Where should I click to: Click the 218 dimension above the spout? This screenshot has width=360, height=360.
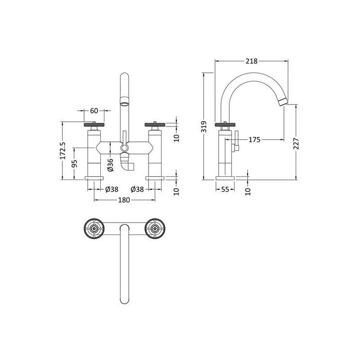pos(251,61)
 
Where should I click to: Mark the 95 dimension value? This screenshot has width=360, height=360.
pos(74,164)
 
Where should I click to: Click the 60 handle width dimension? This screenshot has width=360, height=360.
pos(94,111)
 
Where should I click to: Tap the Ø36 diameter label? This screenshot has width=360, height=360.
pos(110,165)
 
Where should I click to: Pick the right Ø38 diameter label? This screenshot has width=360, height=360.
pos(137,189)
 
